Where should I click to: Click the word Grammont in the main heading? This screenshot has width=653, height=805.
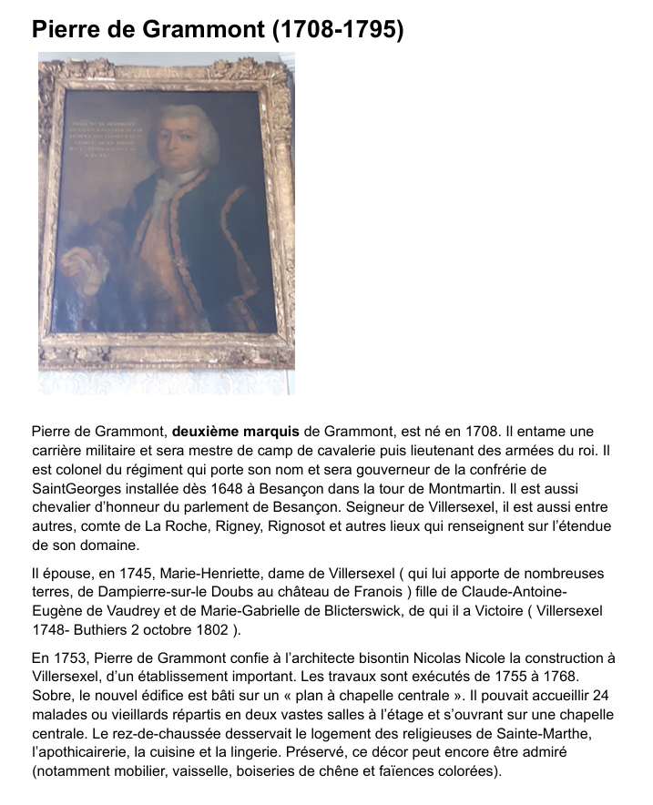pyautogui.click(x=190, y=30)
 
